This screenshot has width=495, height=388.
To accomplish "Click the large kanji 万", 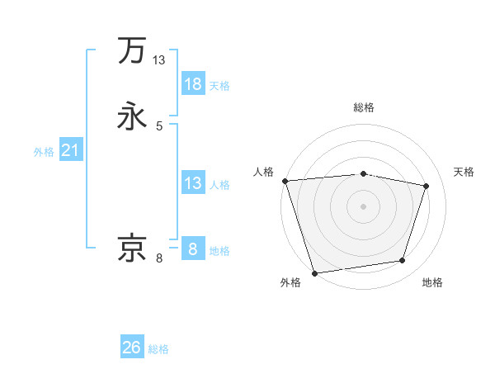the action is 132,50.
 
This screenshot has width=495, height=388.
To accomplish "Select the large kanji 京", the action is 132,248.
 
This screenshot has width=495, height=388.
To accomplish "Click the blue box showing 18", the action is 193,84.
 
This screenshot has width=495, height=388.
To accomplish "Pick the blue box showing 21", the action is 70,150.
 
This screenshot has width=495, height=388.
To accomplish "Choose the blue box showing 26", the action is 132,348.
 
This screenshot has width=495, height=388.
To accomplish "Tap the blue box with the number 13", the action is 193,183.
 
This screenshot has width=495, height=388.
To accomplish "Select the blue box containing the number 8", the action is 193,248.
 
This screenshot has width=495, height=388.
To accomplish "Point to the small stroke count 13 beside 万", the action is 159,60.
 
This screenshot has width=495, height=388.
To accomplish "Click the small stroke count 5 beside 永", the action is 159,126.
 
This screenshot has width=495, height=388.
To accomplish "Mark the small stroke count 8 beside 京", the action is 159,258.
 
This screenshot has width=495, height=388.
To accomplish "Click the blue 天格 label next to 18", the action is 219,86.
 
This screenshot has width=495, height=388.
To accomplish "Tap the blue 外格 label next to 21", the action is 44,152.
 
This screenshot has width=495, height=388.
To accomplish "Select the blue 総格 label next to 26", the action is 158,349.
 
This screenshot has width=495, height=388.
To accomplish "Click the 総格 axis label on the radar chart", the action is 364,107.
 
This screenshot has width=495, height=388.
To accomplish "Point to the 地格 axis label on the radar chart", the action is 432,283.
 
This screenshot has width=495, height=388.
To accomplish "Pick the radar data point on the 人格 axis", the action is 285,181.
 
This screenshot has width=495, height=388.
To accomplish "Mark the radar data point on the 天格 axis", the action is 427,186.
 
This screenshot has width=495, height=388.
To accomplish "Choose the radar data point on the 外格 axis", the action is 314,272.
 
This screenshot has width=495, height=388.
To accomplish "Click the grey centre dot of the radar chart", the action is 364,206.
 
